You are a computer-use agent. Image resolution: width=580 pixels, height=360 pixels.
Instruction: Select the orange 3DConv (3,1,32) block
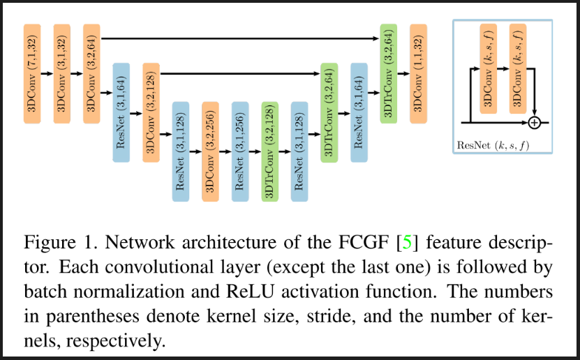(x=62, y=73)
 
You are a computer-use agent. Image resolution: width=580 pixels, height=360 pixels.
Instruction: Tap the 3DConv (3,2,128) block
(x=151, y=112)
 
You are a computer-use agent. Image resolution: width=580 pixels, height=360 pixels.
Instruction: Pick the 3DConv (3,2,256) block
(x=210, y=151)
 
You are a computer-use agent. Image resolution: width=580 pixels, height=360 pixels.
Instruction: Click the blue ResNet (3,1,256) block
(x=239, y=151)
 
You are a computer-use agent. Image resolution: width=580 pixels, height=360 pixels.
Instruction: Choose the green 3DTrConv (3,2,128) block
(x=269, y=151)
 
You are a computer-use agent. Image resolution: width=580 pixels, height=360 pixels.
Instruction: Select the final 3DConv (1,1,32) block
(x=418, y=73)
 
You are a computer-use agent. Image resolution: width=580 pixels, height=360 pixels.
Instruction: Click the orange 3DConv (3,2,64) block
(x=91, y=73)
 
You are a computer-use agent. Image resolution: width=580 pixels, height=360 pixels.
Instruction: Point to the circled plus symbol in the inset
(x=535, y=123)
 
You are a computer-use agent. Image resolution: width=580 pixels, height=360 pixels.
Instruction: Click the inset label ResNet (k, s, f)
(x=501, y=145)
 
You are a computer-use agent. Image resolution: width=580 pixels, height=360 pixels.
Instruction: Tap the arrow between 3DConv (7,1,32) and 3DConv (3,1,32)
(x=47, y=73)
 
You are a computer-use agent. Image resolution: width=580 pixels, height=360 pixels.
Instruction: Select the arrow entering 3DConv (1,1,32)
(x=403, y=73)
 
